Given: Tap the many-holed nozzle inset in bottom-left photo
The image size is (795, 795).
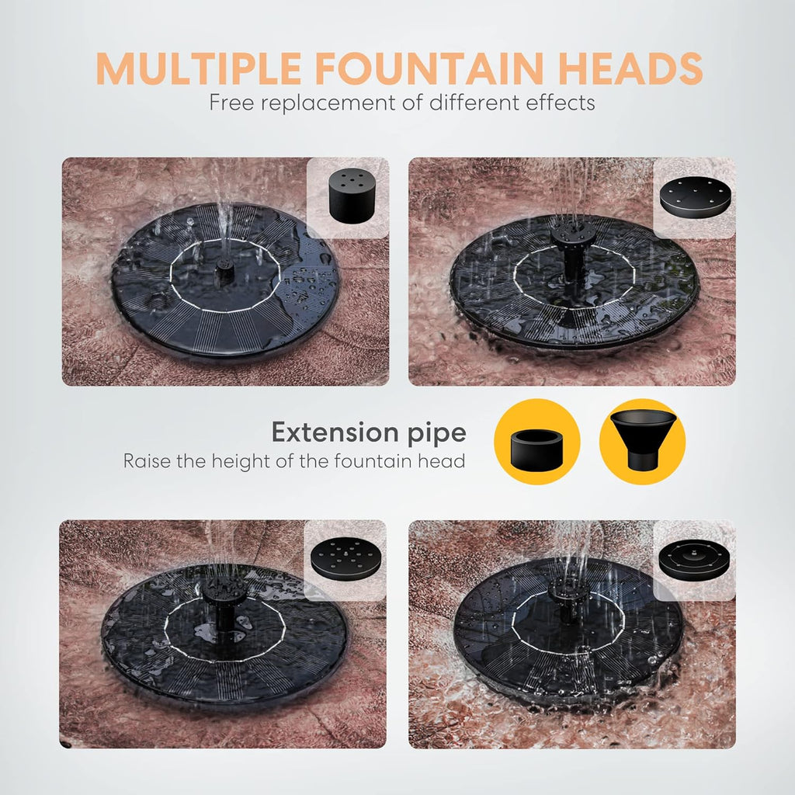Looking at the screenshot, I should point(345,559).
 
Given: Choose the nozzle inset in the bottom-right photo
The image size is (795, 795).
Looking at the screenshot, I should point(694,559).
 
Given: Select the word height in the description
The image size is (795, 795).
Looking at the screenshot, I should point(236,461).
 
